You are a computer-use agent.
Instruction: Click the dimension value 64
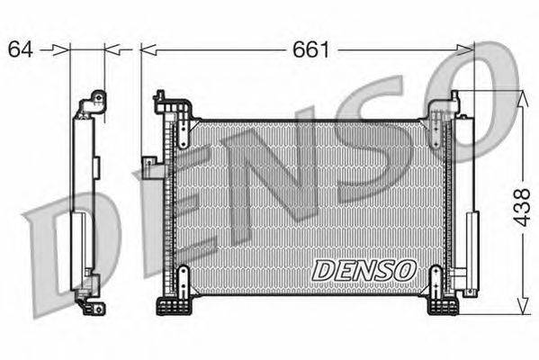click(21, 49)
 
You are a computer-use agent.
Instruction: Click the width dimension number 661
click(310, 49)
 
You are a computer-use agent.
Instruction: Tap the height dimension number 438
click(522, 207)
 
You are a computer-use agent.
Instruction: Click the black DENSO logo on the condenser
click(364, 270)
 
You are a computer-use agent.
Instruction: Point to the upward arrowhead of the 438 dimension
click(523, 98)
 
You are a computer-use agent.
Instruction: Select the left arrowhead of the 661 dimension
click(148, 50)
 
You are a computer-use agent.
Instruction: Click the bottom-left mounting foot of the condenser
click(174, 306)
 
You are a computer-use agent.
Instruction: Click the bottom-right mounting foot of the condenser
click(443, 306)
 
